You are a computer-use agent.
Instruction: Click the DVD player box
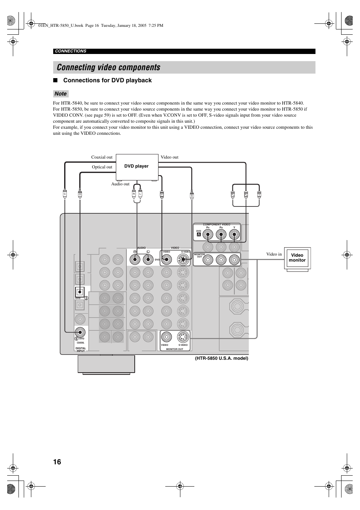click(x=137, y=166)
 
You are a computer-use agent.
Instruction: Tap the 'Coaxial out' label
click(x=102, y=157)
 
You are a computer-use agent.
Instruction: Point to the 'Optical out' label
click(x=102, y=167)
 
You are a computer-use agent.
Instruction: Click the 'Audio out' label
click(x=120, y=184)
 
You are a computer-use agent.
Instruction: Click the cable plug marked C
click(x=65, y=194)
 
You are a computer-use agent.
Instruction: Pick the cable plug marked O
click(x=80, y=194)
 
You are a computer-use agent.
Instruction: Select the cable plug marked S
click(x=192, y=195)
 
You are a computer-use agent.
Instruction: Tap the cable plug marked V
click(x=162, y=194)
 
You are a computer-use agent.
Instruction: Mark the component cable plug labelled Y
click(x=259, y=194)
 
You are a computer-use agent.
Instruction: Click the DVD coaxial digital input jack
click(x=80, y=332)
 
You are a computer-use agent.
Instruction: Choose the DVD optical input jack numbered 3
click(x=80, y=291)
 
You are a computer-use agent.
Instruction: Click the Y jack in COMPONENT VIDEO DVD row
click(x=234, y=235)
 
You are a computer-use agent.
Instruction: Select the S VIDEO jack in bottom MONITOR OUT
click(x=183, y=337)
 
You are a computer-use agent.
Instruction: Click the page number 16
click(x=57, y=462)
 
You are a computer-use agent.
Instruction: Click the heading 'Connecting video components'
click(x=109, y=68)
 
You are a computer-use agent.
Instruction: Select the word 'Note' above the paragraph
click(x=60, y=94)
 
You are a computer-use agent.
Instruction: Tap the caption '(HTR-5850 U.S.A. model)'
click(x=222, y=358)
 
